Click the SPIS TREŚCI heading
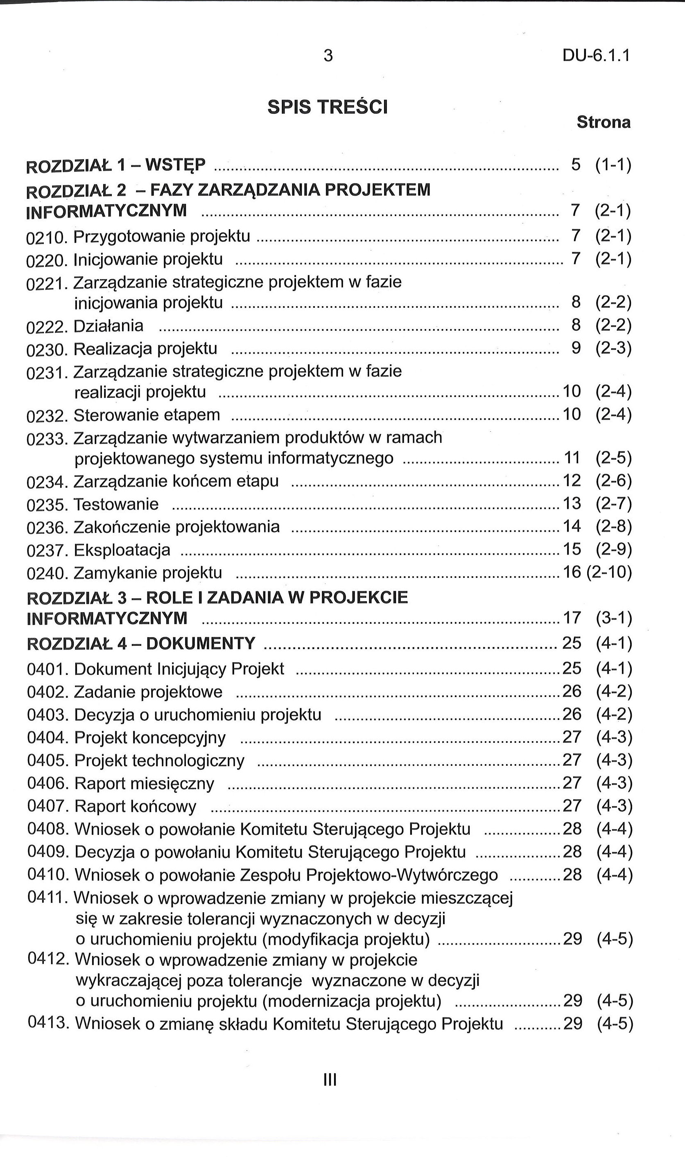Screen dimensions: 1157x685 coord(327,108)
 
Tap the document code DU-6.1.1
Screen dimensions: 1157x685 coord(596,56)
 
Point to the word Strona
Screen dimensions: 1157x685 coord(603,123)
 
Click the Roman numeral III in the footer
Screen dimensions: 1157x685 coord(330,1080)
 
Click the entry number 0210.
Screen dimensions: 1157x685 coord(47,238)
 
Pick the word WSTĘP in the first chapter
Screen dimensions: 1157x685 coord(175,165)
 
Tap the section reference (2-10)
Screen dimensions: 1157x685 coord(609,573)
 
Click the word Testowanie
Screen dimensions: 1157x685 coord(116,504)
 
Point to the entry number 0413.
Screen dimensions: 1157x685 coord(48,1023)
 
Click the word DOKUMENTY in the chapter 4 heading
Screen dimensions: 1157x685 coord(200,643)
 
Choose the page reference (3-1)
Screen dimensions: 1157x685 coord(614,618)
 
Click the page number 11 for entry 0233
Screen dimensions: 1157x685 coord(572,458)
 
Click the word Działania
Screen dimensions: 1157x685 coord(109,326)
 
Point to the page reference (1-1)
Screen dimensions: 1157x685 coord(613,165)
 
